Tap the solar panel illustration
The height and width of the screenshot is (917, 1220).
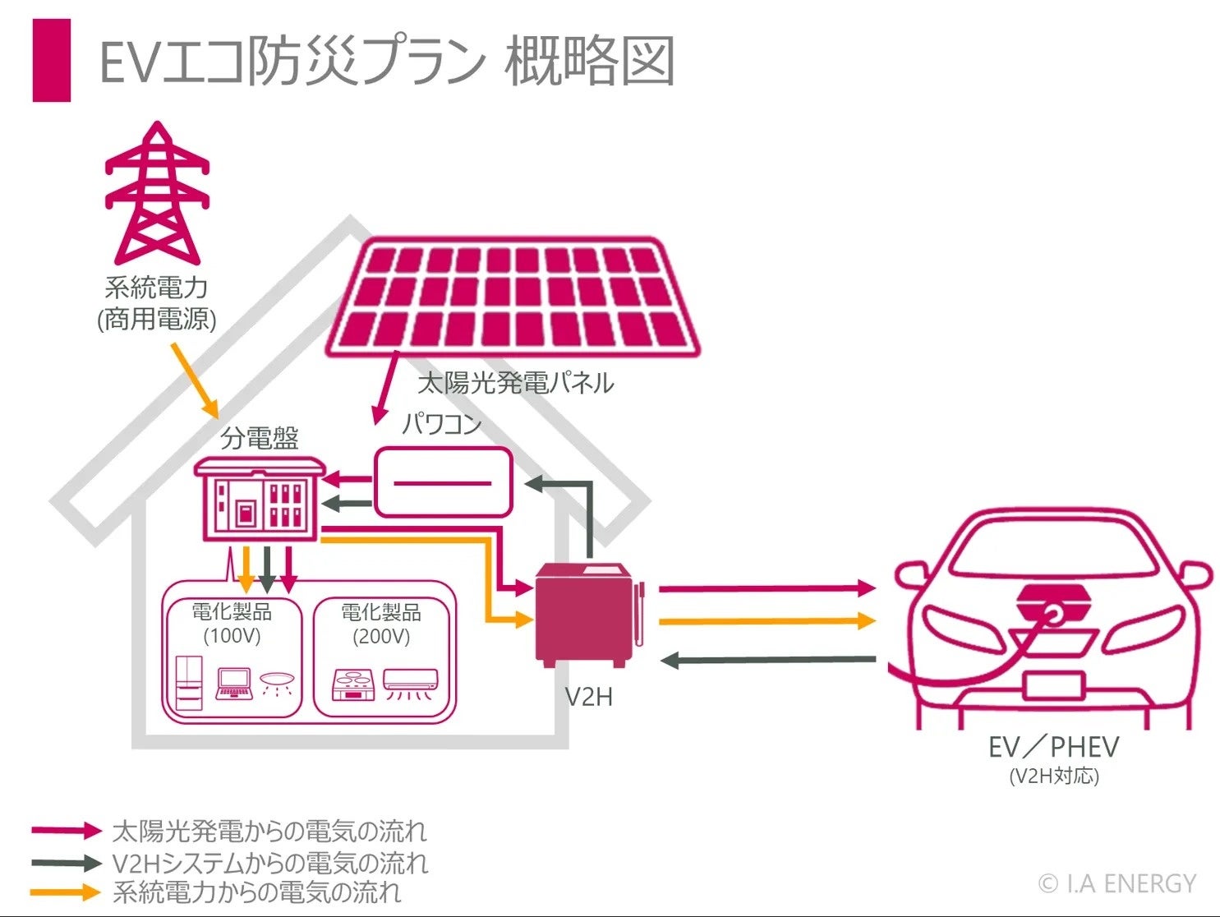[513, 297]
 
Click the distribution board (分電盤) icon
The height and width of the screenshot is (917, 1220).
[258, 501]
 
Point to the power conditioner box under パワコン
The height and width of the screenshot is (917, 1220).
[443, 482]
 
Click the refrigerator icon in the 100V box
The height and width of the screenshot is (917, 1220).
[189, 682]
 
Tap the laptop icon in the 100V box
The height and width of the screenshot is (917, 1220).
[234, 684]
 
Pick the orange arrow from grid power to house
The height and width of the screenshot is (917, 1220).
[196, 380]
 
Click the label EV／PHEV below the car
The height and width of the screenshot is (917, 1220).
[1053, 747]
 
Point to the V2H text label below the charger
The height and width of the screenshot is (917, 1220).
[589, 697]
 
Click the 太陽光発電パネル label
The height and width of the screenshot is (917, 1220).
[516, 383]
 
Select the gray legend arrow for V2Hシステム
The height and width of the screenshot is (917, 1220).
[67, 863]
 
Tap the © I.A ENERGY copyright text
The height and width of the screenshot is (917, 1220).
[1117, 883]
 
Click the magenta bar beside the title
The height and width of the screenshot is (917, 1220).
[51, 60]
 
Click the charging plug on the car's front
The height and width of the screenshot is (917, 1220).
[1050, 612]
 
